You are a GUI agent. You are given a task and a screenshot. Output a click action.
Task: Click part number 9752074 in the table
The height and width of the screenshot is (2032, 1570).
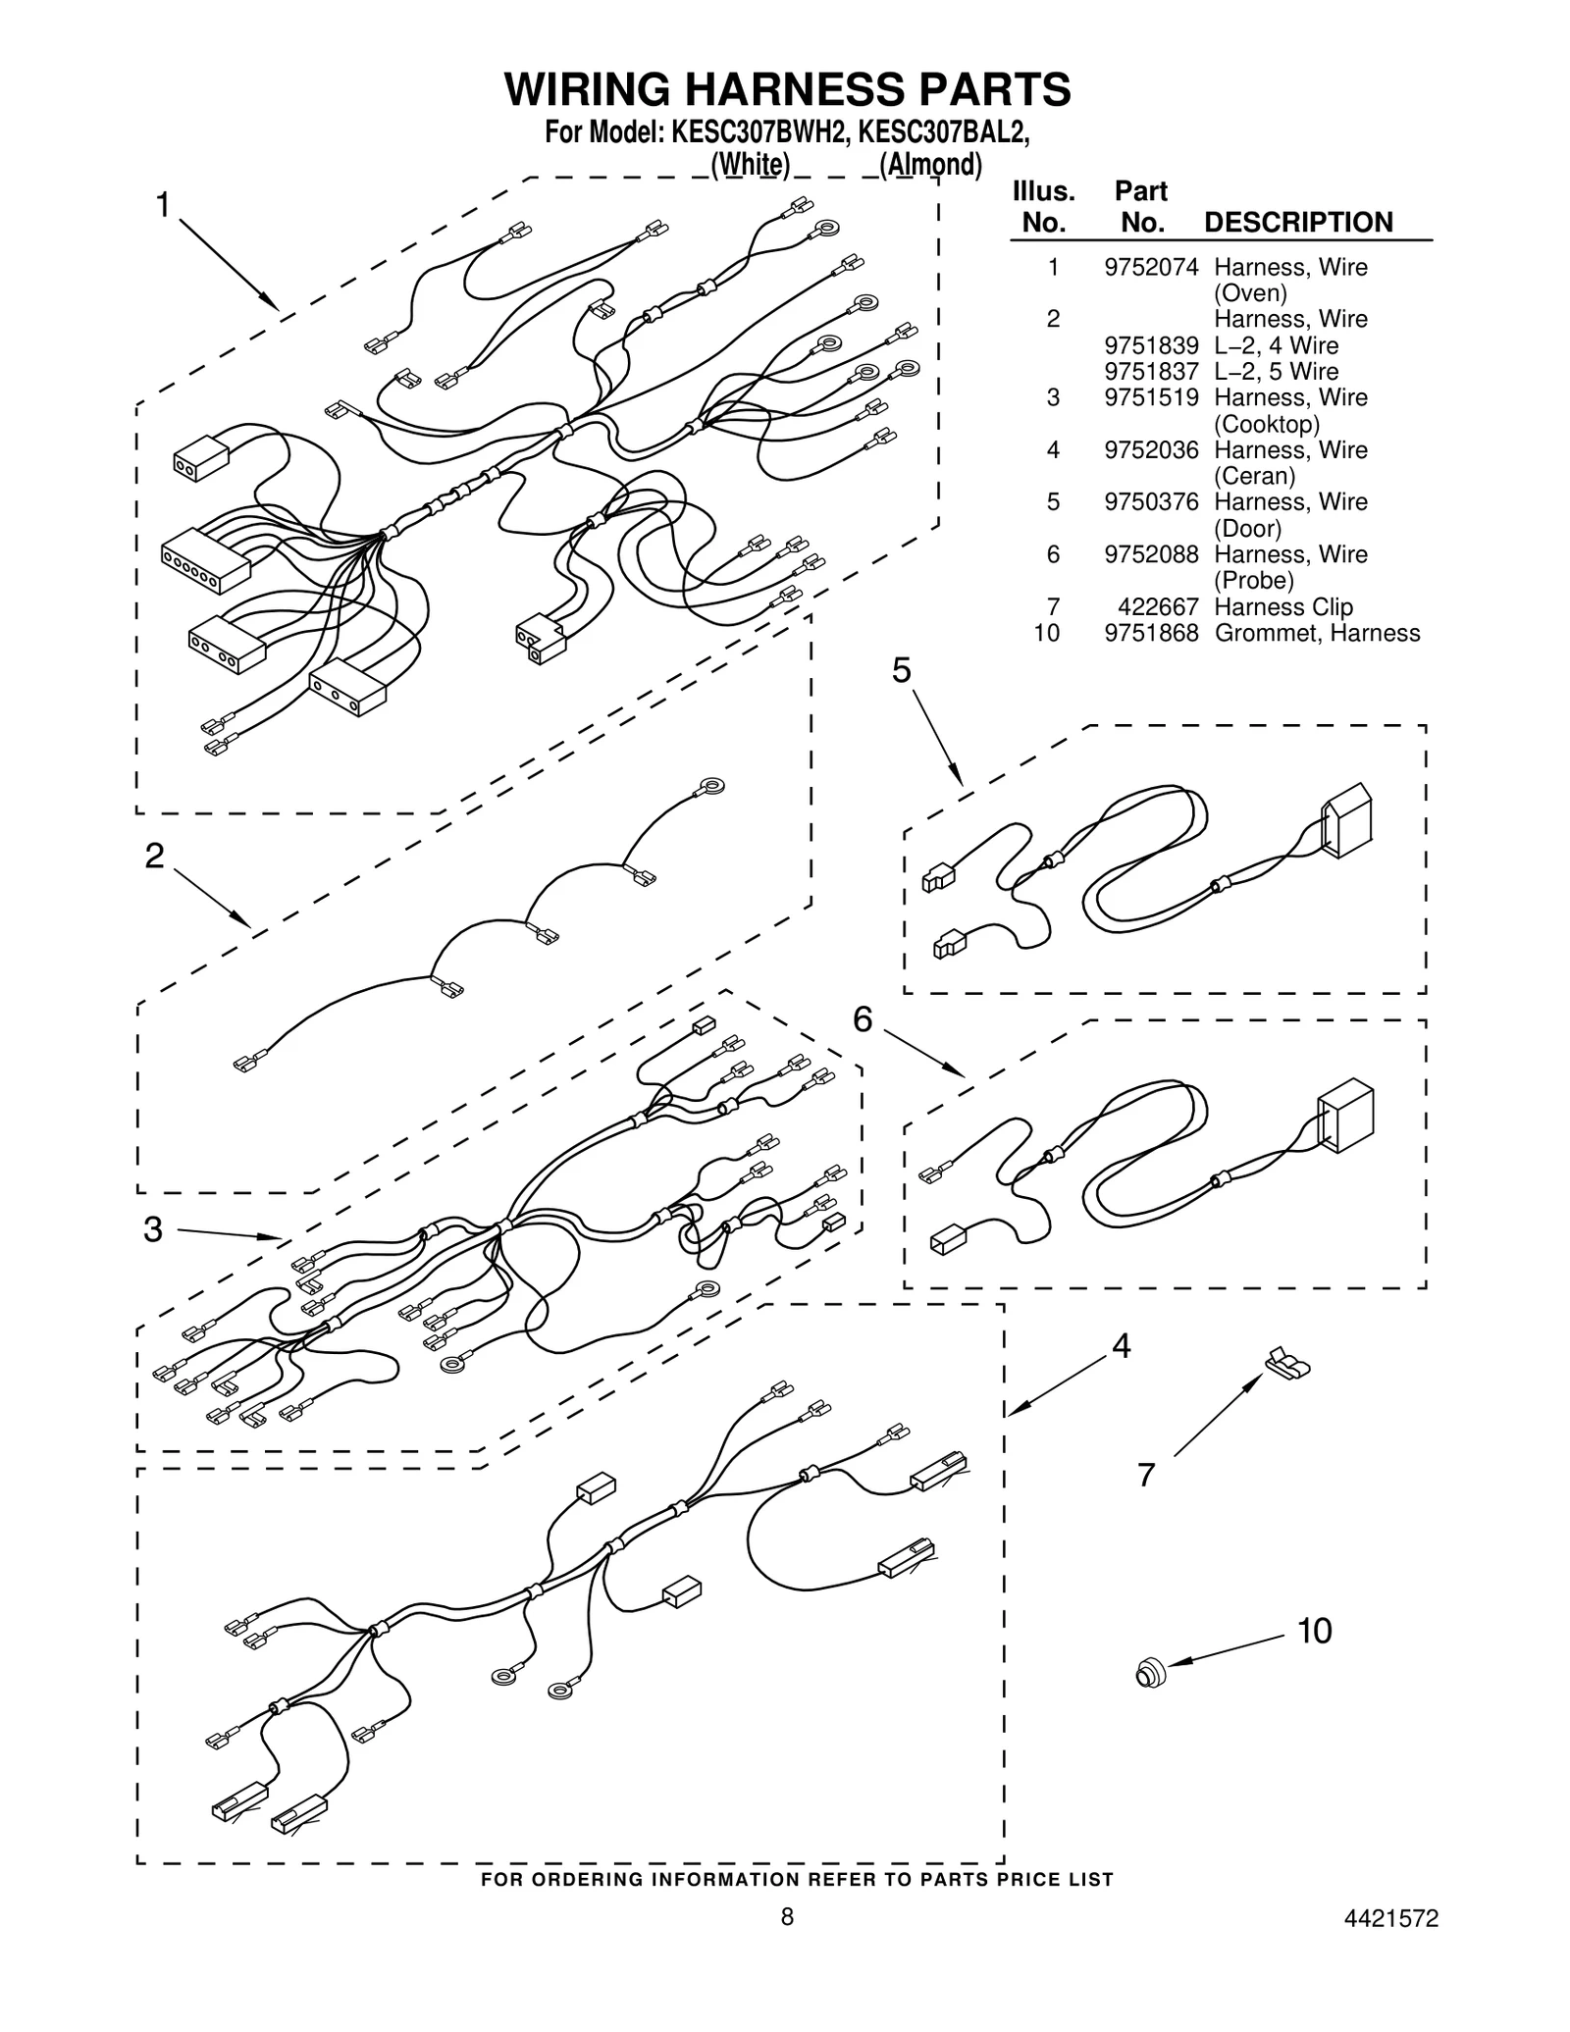[1150, 267]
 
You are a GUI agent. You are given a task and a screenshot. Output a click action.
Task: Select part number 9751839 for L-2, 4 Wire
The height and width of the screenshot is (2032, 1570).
[1150, 345]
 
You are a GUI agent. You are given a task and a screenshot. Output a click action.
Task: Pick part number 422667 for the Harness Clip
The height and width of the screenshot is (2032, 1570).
[1157, 606]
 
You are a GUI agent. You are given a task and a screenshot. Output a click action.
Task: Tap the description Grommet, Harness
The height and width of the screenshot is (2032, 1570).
[1316, 633]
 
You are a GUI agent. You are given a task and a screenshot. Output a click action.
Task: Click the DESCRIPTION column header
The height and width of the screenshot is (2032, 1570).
[1297, 222]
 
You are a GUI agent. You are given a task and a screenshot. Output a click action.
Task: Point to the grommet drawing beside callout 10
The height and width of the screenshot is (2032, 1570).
[1149, 1671]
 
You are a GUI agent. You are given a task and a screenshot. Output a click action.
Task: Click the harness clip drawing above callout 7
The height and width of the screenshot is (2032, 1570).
[1288, 1363]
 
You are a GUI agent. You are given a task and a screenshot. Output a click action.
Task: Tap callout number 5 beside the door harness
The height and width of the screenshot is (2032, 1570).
[900, 670]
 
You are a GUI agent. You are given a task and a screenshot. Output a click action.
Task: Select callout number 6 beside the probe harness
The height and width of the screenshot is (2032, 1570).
[862, 1020]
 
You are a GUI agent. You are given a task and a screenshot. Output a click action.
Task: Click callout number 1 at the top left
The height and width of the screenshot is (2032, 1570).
[163, 205]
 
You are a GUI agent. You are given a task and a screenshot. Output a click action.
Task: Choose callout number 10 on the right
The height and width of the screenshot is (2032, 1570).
[1314, 1631]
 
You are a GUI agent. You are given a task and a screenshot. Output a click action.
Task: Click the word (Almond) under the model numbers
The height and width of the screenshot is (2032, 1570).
[929, 164]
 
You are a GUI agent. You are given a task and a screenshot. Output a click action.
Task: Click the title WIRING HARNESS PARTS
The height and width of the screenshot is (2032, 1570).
[787, 89]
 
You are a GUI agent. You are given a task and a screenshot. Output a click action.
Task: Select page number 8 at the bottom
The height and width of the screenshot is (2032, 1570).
[786, 1945]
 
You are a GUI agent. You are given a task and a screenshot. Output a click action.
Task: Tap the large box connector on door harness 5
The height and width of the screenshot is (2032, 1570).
[1347, 820]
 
